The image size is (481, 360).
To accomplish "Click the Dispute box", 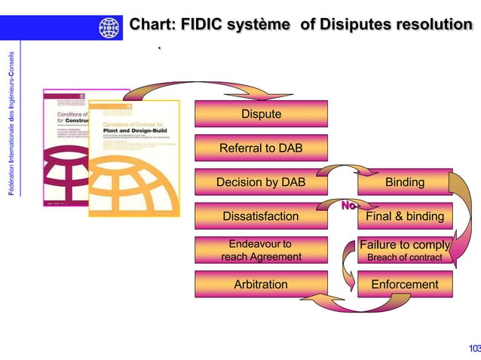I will click(x=261, y=114).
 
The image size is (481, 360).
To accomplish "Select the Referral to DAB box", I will click(x=261, y=148).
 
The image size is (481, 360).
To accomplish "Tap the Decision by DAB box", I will click(x=261, y=182).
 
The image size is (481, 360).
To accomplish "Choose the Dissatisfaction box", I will click(x=261, y=217).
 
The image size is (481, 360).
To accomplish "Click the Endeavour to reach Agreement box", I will click(x=261, y=251).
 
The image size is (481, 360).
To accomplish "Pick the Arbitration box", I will click(x=261, y=285).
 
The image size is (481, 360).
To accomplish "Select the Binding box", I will click(x=404, y=182).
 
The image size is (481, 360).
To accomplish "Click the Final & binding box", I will click(x=404, y=217).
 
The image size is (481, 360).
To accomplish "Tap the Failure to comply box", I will click(x=404, y=245).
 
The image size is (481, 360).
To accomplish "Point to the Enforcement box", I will click(x=404, y=285).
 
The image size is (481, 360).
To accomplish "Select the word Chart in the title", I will click(x=153, y=25).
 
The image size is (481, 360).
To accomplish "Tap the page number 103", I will click(x=473, y=348).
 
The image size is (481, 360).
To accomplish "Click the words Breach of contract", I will click(x=404, y=258).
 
